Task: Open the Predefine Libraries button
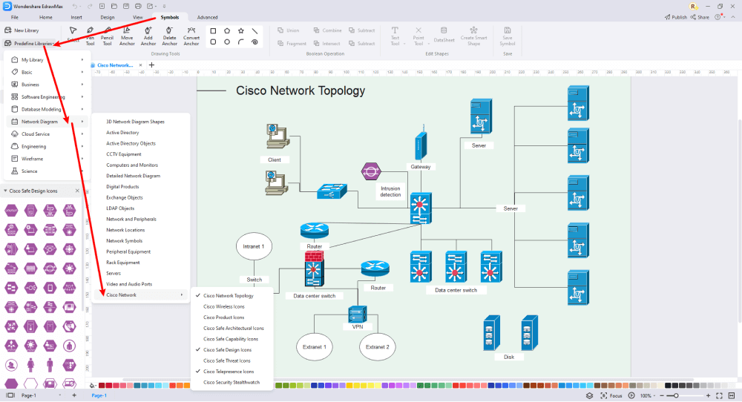coord(33,43)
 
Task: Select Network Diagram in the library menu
coord(39,121)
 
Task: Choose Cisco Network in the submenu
coord(121,294)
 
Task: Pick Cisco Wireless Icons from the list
coord(223,306)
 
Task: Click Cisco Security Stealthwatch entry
coord(231,382)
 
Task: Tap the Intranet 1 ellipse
coord(253,246)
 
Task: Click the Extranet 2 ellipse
coord(376,346)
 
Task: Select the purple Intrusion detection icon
coord(370,172)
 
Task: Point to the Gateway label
coord(420,167)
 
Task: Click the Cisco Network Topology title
coord(300,91)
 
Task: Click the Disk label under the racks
coord(508,357)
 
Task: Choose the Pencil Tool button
coord(107,35)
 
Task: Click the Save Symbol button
coord(508,35)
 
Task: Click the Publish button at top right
coord(675,16)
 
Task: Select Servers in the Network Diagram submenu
coord(114,273)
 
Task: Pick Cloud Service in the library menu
coord(36,134)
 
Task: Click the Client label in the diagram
coord(274,159)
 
